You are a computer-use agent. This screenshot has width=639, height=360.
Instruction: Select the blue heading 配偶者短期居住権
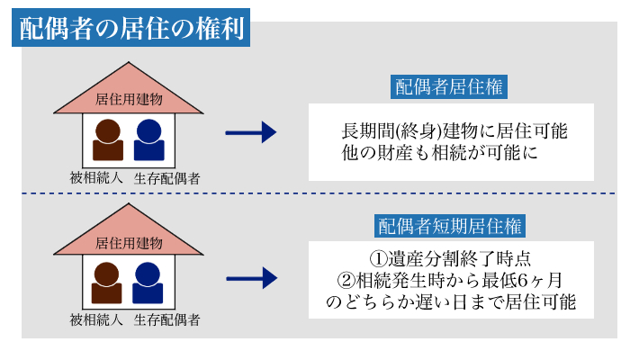click(450, 225)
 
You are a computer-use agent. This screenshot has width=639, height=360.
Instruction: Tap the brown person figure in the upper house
click(107, 140)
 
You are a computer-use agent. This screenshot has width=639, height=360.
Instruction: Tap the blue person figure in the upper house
click(149, 140)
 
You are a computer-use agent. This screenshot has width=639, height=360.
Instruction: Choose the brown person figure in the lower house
click(107, 283)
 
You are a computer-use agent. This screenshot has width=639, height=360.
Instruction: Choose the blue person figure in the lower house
click(149, 283)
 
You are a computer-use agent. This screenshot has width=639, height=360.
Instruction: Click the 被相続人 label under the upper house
click(96, 177)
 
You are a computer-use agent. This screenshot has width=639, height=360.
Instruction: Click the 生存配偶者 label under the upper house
click(167, 177)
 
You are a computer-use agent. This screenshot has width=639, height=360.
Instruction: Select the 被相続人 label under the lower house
click(96, 319)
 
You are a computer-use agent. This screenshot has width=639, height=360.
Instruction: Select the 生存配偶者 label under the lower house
click(167, 319)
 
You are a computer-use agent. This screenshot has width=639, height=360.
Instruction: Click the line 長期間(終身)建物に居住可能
click(454, 130)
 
